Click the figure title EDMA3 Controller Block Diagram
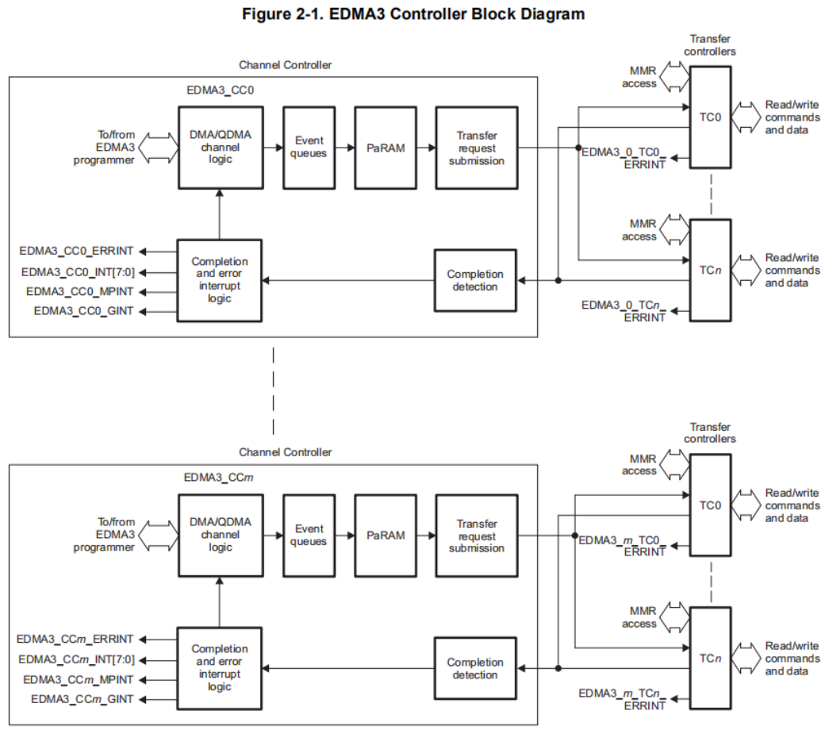[414, 13]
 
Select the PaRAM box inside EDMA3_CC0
[386, 148]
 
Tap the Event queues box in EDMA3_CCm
[309, 535]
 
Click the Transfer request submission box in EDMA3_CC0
[476, 148]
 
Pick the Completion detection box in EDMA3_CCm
[475, 668]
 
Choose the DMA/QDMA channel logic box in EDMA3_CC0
[221, 148]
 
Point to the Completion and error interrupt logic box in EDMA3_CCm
[220, 668]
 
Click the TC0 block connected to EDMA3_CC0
[710, 117]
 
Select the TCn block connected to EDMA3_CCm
[710, 658]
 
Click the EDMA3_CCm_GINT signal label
[83, 699]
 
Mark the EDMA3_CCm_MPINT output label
[79, 679]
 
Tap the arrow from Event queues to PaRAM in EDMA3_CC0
[344, 148]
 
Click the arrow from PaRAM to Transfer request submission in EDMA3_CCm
[424, 535]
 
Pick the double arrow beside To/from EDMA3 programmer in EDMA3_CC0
[158, 148]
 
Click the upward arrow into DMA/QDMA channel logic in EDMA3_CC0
[220, 213]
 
